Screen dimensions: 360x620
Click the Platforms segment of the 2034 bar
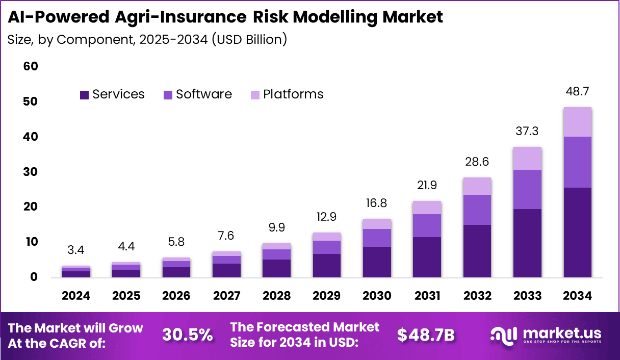click(x=577, y=122)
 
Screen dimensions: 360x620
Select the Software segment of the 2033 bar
click(x=527, y=189)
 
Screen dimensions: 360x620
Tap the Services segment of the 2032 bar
click(x=477, y=251)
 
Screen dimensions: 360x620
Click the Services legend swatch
click(x=84, y=95)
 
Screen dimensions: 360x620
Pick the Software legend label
click(x=204, y=94)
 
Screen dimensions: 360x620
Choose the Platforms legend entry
click(x=293, y=94)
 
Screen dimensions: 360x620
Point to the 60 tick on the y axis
click(x=31, y=67)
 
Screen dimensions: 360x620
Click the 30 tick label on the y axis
click(x=31, y=172)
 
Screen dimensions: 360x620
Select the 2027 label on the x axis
click(x=226, y=296)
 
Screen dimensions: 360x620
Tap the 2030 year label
click(x=377, y=296)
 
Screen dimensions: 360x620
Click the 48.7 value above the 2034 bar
click(x=577, y=92)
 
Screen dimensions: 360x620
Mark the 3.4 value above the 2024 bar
click(x=76, y=251)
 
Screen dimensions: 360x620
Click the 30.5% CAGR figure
click(x=187, y=335)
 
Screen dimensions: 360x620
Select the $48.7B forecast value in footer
click(x=426, y=335)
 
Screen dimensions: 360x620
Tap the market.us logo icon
click(x=504, y=335)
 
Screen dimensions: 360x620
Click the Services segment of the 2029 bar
click(x=327, y=265)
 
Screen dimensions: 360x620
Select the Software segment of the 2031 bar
click(x=427, y=225)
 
